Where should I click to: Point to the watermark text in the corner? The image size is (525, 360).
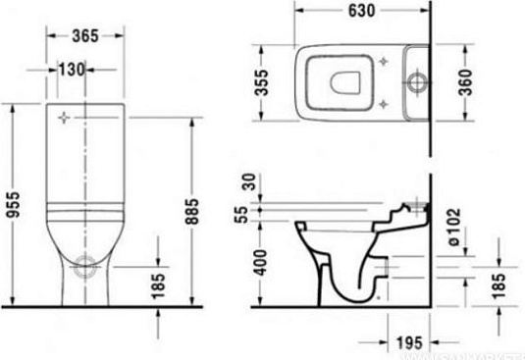tap(481, 353)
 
